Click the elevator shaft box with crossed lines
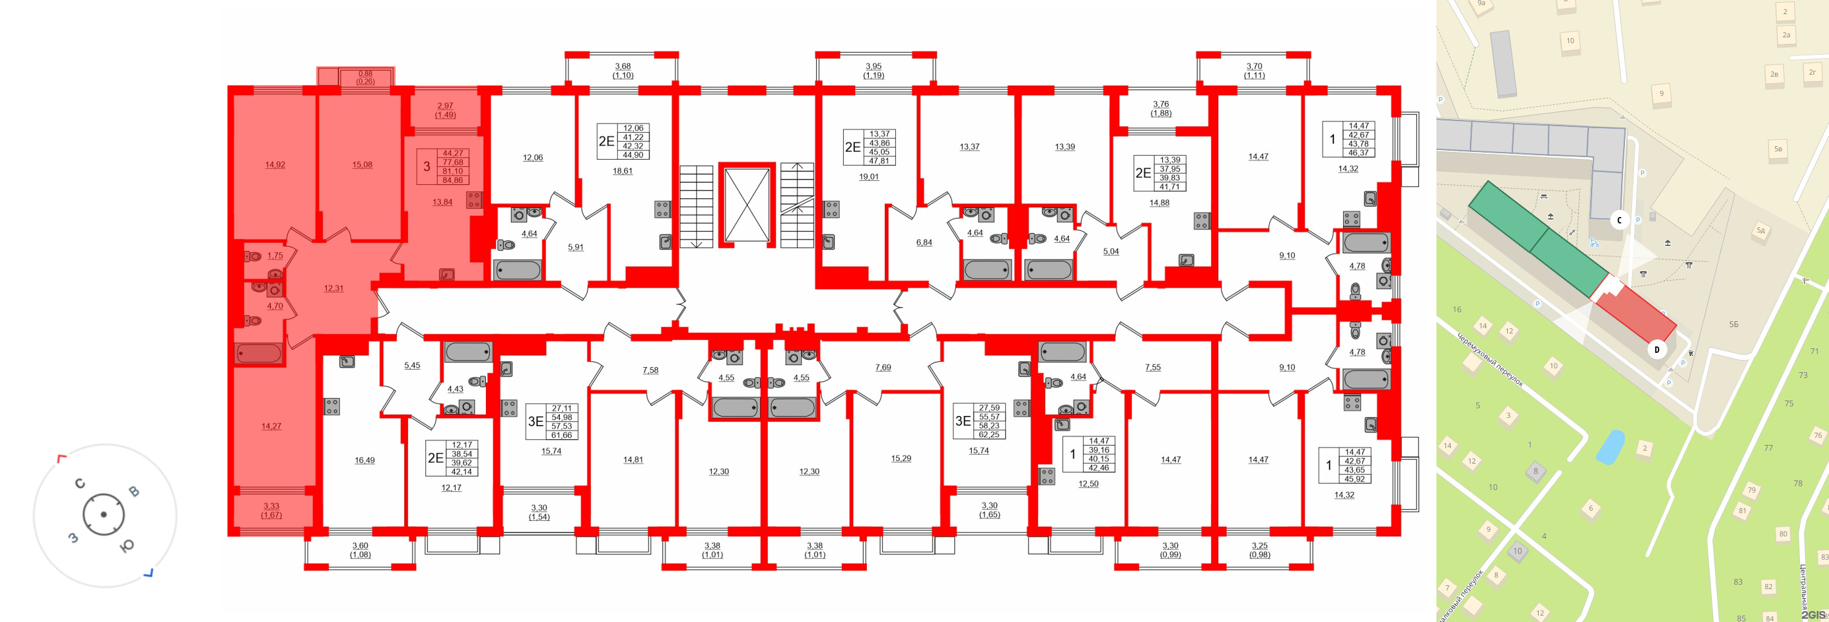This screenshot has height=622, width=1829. (x=747, y=205)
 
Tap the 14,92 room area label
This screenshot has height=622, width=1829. (x=275, y=165)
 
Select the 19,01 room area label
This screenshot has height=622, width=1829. (x=868, y=177)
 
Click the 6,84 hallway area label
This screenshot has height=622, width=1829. (x=924, y=242)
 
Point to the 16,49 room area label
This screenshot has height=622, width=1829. (x=364, y=460)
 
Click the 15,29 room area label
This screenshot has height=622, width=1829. (x=900, y=458)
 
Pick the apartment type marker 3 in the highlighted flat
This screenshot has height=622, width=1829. (x=427, y=167)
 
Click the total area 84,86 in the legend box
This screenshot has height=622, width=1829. (x=452, y=180)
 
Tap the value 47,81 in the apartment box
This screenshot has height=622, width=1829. (x=879, y=160)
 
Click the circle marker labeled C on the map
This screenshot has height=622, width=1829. (x=1620, y=220)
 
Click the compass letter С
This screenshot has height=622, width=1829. (x=80, y=484)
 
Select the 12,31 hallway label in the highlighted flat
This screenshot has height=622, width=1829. (x=333, y=288)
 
